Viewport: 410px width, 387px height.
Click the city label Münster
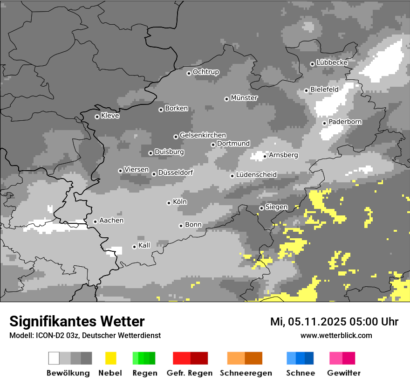244,98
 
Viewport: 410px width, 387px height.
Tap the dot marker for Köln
169,203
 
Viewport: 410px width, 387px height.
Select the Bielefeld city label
324,89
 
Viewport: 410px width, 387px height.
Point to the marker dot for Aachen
95,221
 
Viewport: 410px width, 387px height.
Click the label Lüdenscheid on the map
256,175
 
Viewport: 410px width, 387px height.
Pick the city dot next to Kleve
97,117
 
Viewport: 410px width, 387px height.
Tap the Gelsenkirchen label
203,135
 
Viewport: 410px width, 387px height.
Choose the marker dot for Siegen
261,208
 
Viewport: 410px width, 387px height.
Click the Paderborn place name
345,122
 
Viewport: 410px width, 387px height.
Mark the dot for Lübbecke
312,64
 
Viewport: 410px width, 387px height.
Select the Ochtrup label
206,72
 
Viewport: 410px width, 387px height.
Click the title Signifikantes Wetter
77,321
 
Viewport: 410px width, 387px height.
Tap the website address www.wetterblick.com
336,335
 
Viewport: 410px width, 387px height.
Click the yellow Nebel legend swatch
110,358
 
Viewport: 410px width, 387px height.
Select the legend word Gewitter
343,373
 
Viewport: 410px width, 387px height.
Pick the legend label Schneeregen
246,373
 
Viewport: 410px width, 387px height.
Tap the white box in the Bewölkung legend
54,358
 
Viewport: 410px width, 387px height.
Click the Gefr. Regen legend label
189,373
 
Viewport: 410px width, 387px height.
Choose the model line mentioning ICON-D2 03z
85,335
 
